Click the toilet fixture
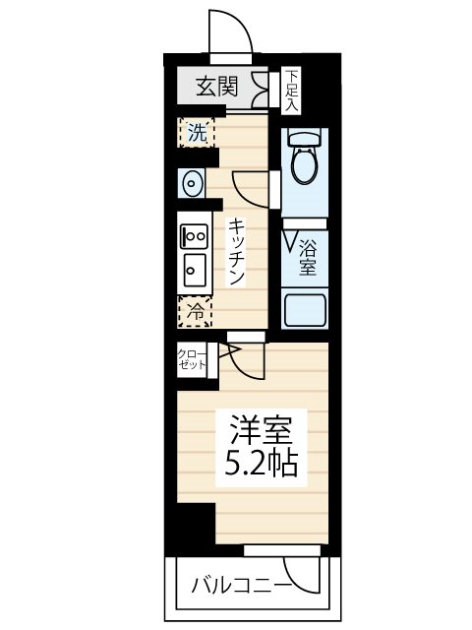304,157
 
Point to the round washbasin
192,183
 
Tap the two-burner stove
194,236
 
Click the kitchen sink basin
194,267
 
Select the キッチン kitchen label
237,251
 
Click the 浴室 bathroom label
307,256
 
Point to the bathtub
305,311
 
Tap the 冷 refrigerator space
197,311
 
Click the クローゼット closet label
193,359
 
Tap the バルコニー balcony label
240,587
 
